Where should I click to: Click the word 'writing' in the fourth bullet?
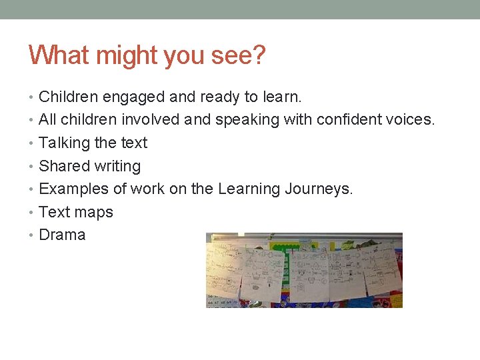click(118, 166)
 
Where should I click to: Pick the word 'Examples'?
click(74, 189)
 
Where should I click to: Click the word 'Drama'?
click(62, 235)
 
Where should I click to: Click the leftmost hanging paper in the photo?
click(225, 269)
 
